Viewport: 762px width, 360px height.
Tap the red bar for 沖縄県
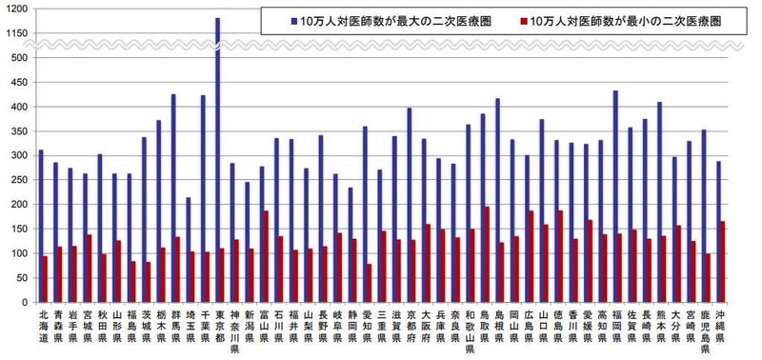pos(721,262)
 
